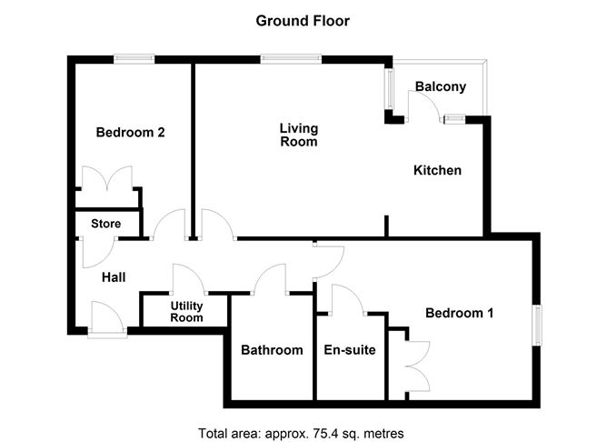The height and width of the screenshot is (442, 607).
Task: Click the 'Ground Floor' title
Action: pyautogui.click(x=303, y=20)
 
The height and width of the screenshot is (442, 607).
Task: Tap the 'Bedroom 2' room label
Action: pyautogui.click(x=130, y=132)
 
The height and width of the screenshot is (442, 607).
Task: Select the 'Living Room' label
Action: pyautogui.click(x=298, y=135)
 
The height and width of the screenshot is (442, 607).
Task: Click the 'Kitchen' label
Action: pyautogui.click(x=437, y=170)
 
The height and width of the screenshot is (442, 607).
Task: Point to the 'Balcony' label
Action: pyautogui.click(x=440, y=87)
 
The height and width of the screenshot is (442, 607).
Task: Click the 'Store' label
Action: pyautogui.click(x=105, y=223)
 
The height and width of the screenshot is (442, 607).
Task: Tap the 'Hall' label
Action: pyautogui.click(x=114, y=277)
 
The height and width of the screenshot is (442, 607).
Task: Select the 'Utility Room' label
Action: pyautogui.click(x=186, y=313)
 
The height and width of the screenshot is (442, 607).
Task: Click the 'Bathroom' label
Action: pyautogui.click(x=271, y=350)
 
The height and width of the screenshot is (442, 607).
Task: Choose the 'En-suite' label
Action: pyautogui.click(x=350, y=350)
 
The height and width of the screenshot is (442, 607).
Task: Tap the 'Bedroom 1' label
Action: pyautogui.click(x=460, y=314)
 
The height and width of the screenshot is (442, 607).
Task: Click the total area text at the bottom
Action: pyautogui.click(x=301, y=432)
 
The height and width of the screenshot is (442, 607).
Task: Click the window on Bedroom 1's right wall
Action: pyautogui.click(x=538, y=326)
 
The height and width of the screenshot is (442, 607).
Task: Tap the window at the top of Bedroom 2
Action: pyautogui.click(x=134, y=60)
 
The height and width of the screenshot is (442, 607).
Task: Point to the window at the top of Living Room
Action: pyautogui.click(x=290, y=60)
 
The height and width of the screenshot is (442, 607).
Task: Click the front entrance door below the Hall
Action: pyautogui.click(x=107, y=320)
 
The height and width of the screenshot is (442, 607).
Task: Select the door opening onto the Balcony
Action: pyautogui.click(x=423, y=107)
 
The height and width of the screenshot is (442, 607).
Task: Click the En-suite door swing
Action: pyautogui.click(x=346, y=300)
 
